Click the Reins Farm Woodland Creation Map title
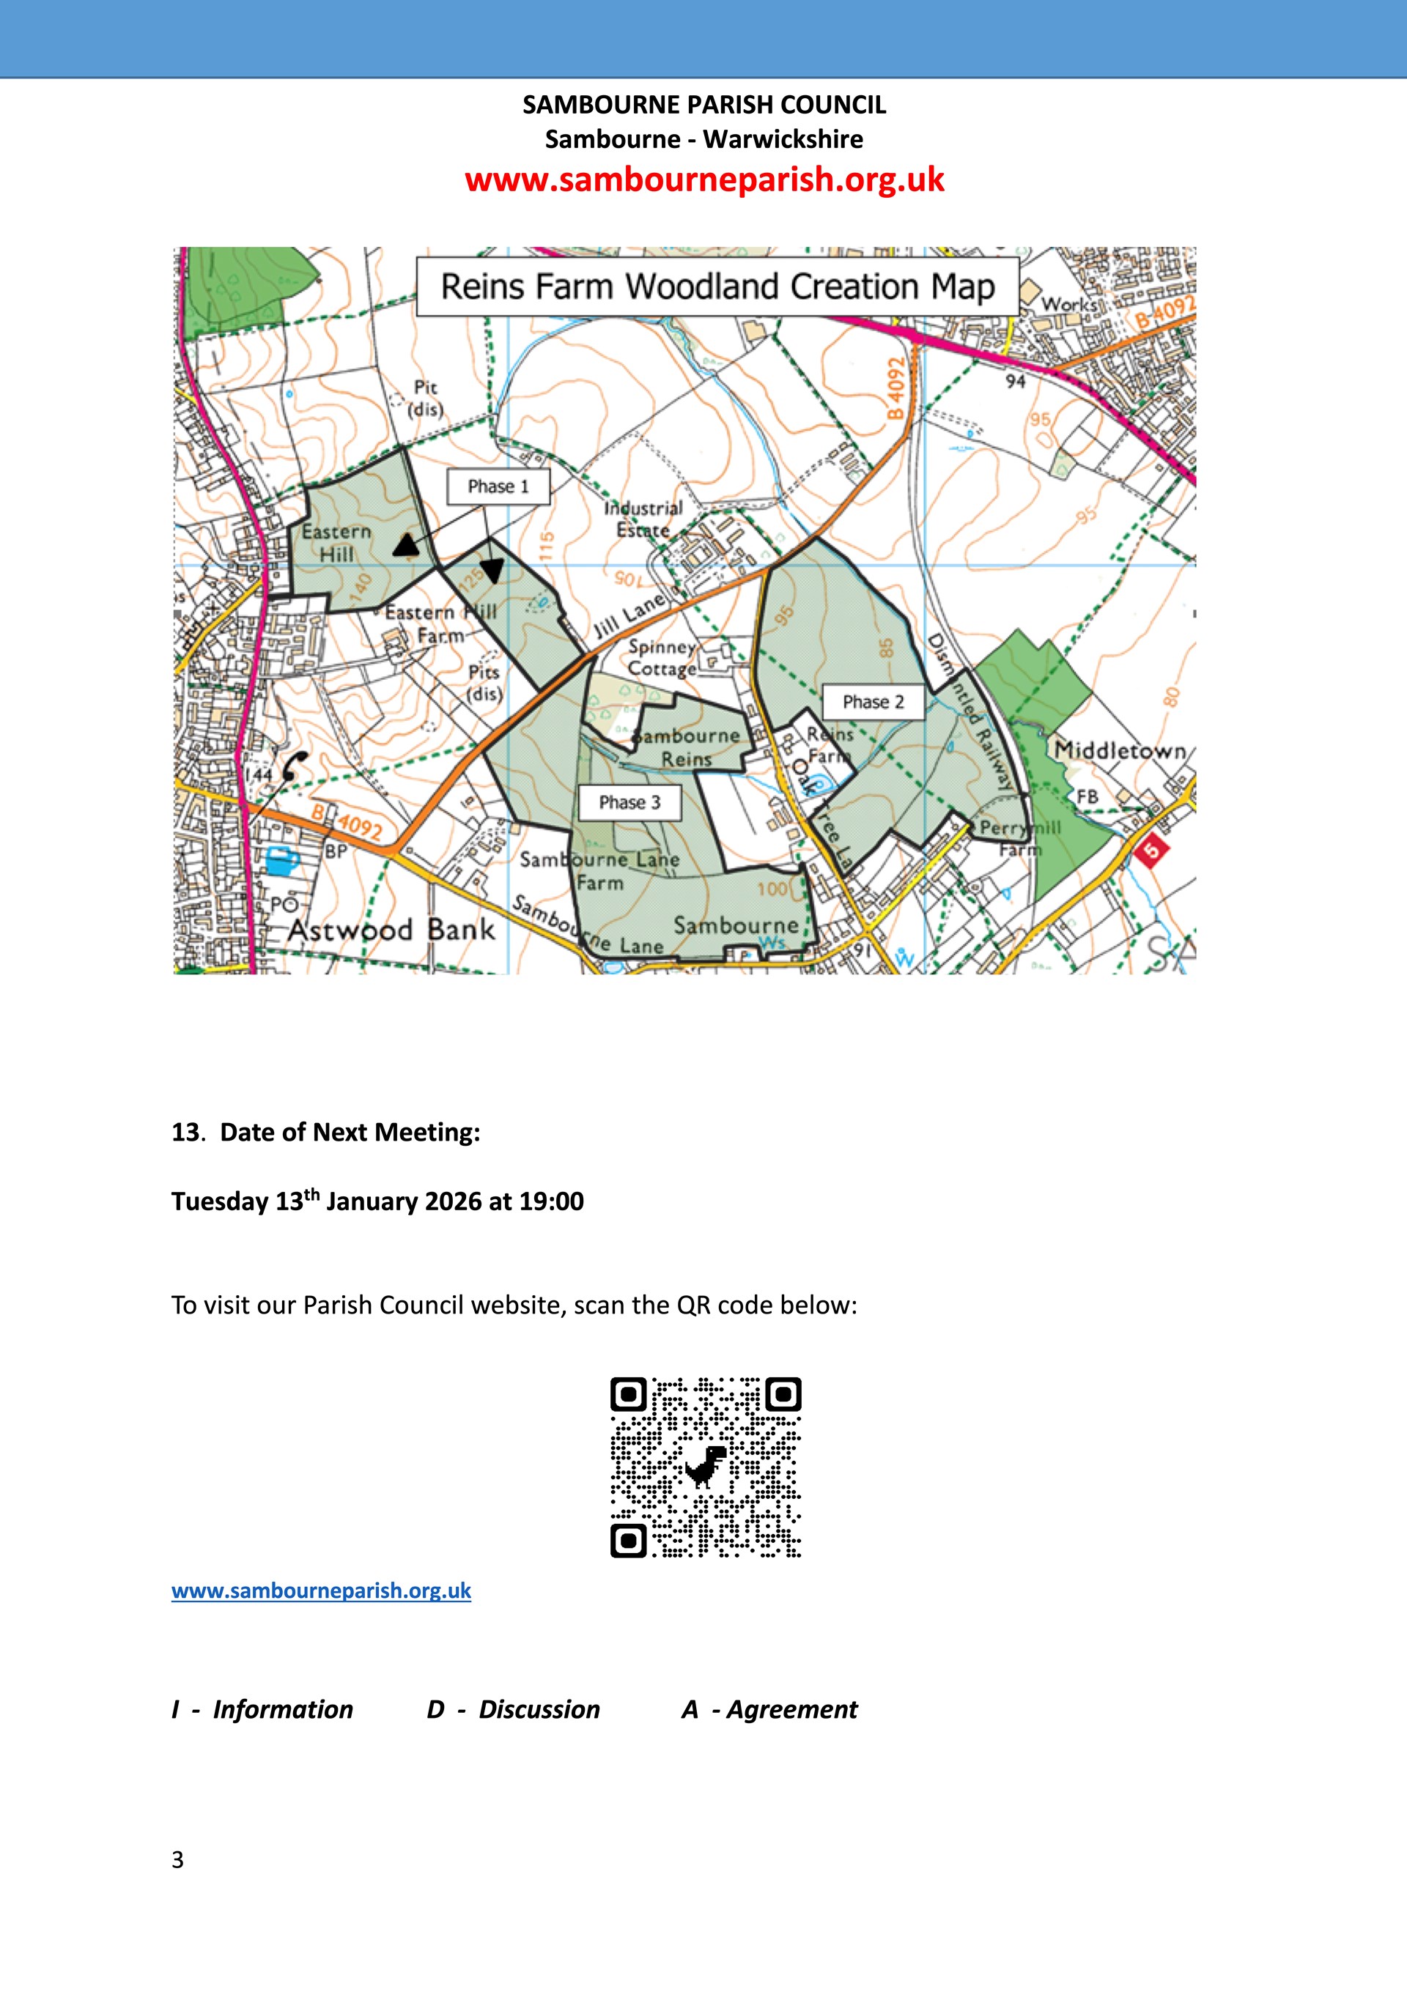click(717, 286)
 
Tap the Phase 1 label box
click(498, 487)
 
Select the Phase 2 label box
click(873, 703)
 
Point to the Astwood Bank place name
click(391, 930)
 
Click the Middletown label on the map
click(1119, 750)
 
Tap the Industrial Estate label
click(643, 519)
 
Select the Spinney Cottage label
click(662, 658)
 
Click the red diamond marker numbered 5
click(1151, 850)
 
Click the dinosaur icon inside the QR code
click(706, 1466)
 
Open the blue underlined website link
click(322, 1590)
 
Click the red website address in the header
click(703, 179)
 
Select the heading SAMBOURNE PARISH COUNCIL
click(703, 105)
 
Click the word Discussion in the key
click(539, 1709)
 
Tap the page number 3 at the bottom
click(177, 1860)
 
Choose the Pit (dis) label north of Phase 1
click(425, 398)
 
